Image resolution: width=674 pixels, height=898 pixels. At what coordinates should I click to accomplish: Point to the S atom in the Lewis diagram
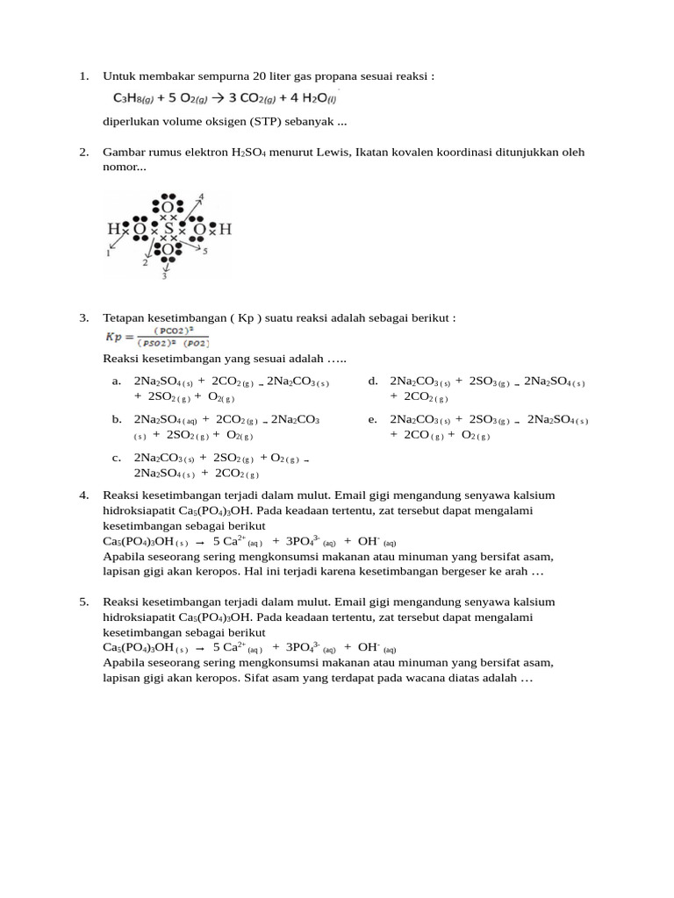point(168,230)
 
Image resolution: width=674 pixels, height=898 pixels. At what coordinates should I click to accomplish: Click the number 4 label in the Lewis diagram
point(201,196)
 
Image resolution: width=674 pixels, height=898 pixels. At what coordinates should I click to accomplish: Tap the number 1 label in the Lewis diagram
point(109,253)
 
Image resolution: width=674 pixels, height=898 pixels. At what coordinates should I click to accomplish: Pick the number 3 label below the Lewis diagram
point(164,276)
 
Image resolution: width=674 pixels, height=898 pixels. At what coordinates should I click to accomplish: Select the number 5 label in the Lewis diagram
point(204,252)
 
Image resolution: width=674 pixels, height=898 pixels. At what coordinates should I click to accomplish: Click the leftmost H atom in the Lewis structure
point(113,230)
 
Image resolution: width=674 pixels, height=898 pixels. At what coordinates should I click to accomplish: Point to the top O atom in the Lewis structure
point(168,208)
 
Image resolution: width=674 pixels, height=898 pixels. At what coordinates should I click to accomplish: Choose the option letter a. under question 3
point(116,381)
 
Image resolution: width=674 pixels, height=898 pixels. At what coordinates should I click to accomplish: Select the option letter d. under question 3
point(373,381)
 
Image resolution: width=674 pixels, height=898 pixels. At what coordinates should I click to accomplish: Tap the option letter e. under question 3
point(373,419)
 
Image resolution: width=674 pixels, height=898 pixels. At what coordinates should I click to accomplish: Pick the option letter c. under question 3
point(116,458)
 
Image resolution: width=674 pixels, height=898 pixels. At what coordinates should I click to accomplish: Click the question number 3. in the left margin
point(84,317)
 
